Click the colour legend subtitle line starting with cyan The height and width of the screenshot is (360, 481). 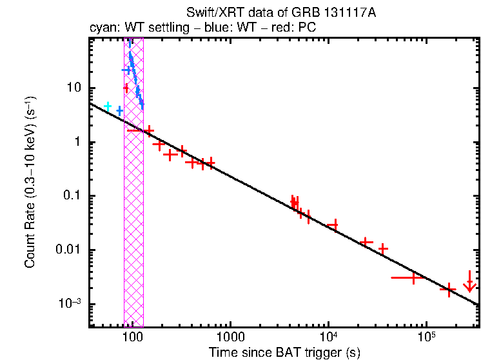click(x=201, y=28)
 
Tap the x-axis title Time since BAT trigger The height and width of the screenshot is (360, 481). click(x=284, y=352)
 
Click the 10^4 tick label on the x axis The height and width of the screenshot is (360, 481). click(x=328, y=337)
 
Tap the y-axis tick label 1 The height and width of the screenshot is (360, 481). click(x=77, y=143)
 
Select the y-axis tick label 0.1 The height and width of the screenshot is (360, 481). click(x=72, y=197)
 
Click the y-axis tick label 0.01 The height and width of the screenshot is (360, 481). click(x=69, y=250)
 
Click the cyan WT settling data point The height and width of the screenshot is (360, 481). click(x=108, y=106)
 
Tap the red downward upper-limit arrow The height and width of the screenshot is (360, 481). click(x=470, y=283)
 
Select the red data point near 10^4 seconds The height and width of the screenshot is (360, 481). click(x=333, y=225)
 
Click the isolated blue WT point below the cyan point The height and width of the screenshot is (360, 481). click(x=119, y=111)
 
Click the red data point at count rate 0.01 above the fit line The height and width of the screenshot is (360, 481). click(x=383, y=248)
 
